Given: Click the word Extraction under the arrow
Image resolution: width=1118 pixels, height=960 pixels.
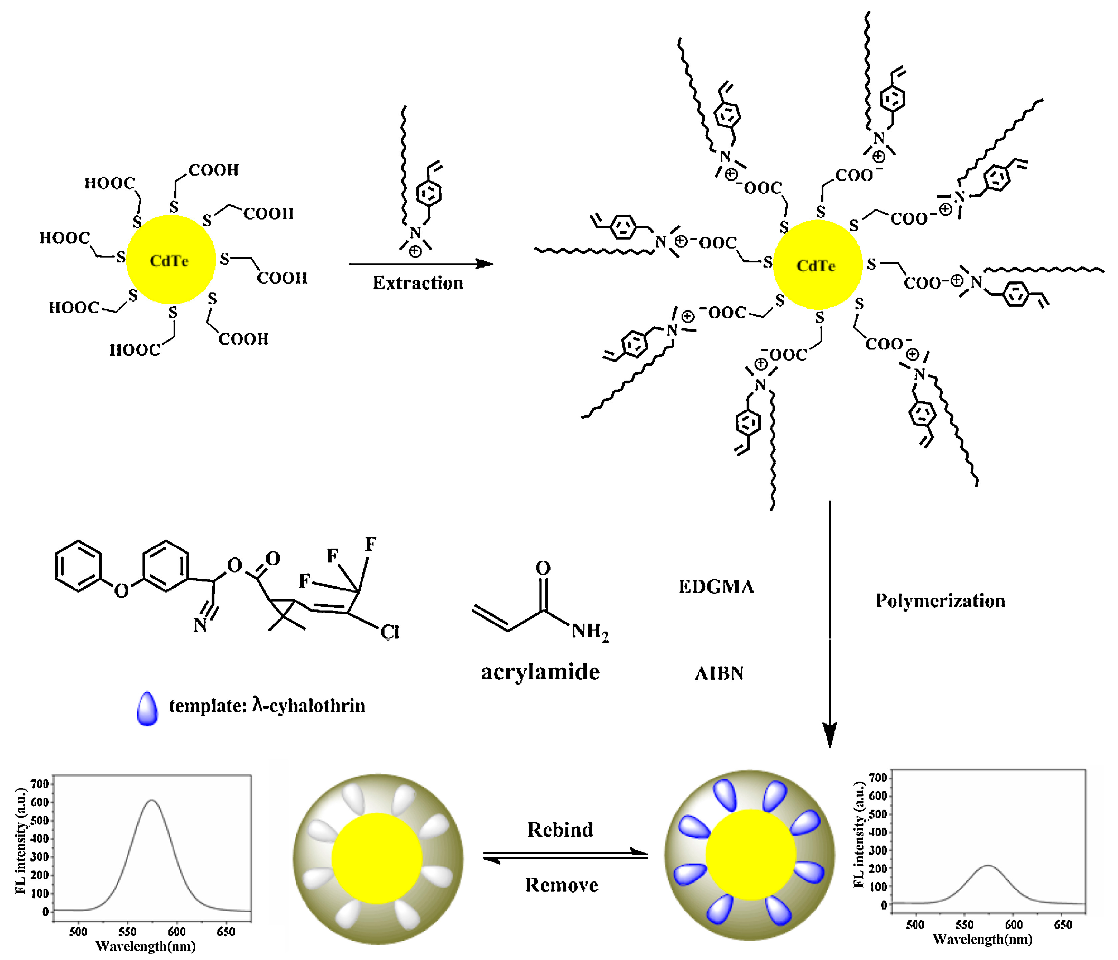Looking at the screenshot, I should click(418, 283).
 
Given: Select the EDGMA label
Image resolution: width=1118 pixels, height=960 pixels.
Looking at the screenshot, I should click(716, 587).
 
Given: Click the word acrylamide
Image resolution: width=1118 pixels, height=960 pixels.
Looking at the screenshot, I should click(540, 672).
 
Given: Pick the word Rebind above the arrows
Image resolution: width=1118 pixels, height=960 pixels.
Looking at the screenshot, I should click(560, 829).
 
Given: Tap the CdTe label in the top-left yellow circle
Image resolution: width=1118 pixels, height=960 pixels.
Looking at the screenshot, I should click(169, 261).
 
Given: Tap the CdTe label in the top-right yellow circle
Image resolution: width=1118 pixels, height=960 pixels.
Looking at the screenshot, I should click(816, 266).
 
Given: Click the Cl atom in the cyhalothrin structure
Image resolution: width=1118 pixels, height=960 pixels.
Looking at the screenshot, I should click(390, 632).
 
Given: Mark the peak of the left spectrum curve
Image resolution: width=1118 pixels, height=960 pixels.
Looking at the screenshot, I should click(152, 800).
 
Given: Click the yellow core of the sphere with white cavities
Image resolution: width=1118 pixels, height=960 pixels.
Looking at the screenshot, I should click(377, 858).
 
